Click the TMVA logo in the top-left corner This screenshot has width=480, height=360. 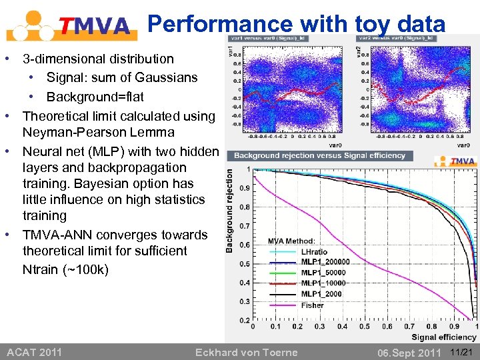70,25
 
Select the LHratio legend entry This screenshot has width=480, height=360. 315,252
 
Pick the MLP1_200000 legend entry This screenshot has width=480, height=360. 325,262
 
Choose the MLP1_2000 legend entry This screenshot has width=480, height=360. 321,294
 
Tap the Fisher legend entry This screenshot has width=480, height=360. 312,305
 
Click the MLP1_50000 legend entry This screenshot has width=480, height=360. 323,273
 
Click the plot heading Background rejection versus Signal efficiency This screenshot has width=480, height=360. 319,155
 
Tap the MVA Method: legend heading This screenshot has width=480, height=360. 291,241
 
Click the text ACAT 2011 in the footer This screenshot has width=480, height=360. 34,352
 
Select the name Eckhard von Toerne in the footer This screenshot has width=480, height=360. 247,352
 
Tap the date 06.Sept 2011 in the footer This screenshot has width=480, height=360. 409,352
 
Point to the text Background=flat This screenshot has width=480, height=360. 95,97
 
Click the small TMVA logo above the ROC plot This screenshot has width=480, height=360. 456,161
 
